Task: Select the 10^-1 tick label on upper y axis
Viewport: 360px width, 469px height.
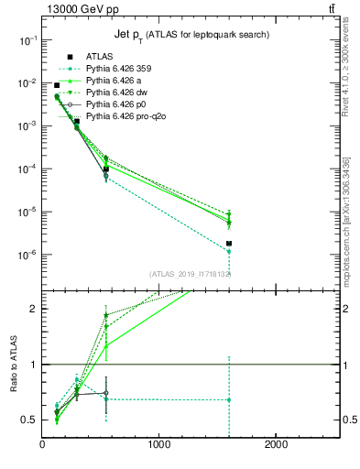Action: point(27,40)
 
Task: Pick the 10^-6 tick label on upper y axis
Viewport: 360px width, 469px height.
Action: point(27,255)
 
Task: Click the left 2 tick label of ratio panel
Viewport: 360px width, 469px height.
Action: point(33,309)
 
